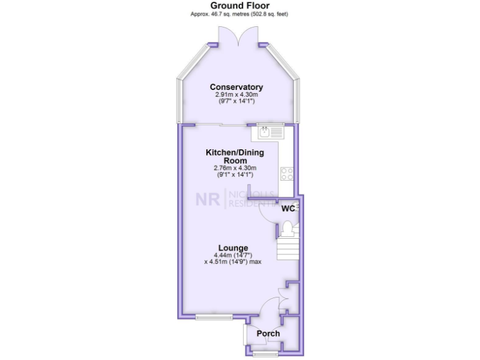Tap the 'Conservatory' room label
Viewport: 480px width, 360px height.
[x=236, y=87]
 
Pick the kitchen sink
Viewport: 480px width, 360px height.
[x=267, y=132]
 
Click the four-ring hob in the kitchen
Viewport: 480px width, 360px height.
[x=287, y=173]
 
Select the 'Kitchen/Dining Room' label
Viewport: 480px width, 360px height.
[x=230, y=156]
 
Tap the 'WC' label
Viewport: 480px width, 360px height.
[x=287, y=208]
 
